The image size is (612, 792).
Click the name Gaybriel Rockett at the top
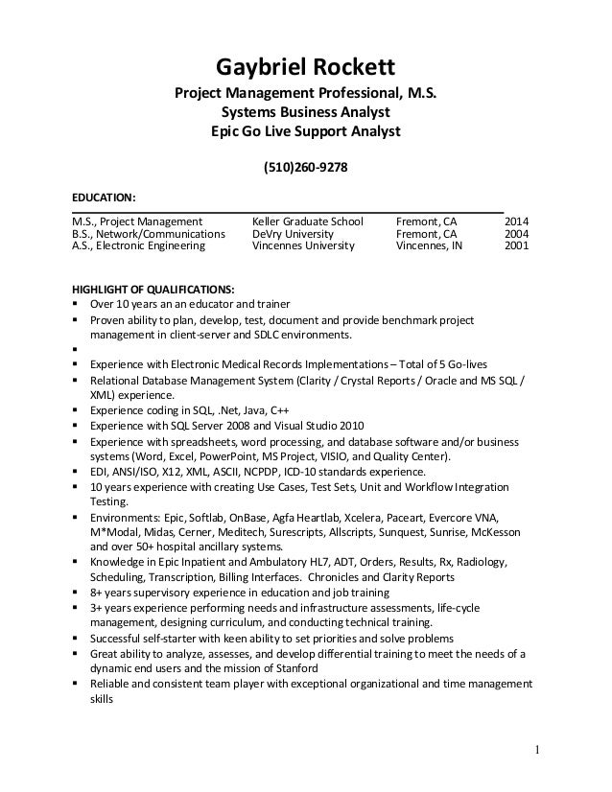coord(305,66)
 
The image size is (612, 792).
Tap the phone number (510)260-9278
coord(305,168)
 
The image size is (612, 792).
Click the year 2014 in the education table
coord(518,221)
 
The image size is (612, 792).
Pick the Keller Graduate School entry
coord(307,221)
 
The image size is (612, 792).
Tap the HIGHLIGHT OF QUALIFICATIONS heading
coord(152,289)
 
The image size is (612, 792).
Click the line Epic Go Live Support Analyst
coord(305,130)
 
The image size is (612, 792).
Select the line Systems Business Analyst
coord(305,112)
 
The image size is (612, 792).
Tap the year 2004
coord(518,234)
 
